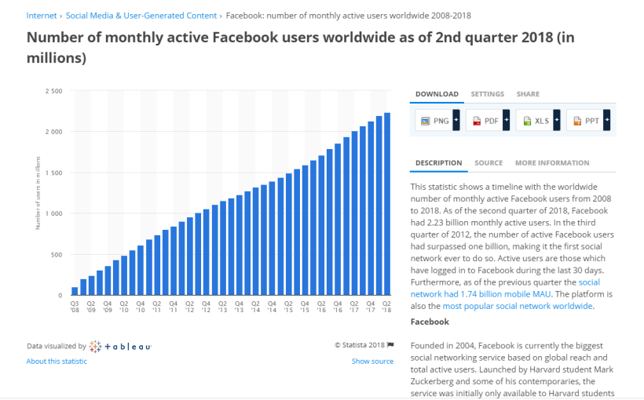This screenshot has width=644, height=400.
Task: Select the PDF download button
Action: tap(485, 121)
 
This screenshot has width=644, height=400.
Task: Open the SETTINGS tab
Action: tap(487, 94)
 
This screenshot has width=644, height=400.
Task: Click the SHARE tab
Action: tap(528, 94)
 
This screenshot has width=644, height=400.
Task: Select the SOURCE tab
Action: tap(488, 163)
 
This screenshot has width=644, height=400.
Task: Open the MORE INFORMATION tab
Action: tap(551, 163)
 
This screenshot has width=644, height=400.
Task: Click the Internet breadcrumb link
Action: tap(40, 16)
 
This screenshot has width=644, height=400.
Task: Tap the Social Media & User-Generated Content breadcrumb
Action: tap(141, 16)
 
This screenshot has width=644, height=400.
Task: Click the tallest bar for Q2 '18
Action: tap(386, 204)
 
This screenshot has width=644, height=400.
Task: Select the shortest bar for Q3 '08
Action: tap(75, 291)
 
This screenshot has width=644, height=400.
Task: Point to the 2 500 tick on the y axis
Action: tap(54, 91)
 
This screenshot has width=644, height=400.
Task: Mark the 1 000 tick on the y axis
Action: tap(54, 213)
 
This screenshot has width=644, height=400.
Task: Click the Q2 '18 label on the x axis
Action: tap(386, 306)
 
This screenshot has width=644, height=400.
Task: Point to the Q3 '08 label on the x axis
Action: tap(75, 306)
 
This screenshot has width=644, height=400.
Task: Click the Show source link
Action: tap(372, 362)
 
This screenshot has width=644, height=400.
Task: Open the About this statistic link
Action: tap(57, 362)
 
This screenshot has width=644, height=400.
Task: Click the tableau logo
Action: tap(120, 346)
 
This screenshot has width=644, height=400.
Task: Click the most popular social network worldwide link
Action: tap(518, 306)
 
